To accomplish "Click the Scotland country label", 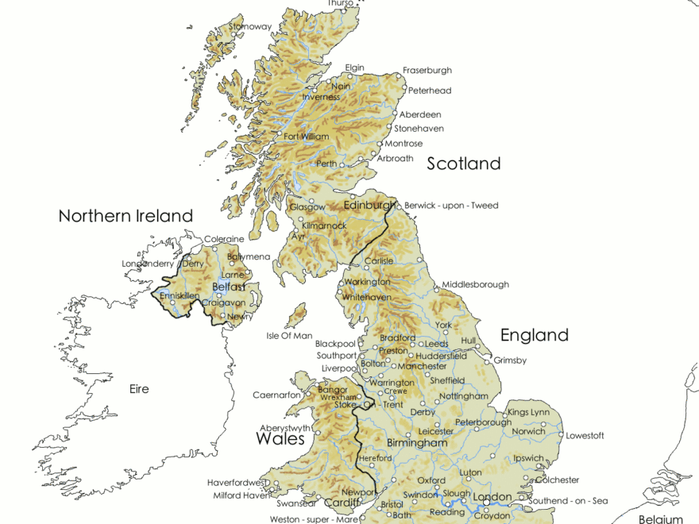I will pos(464,164).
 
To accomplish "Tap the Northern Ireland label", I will pos(126,216).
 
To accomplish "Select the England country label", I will pos(534,335).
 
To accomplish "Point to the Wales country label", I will pos(280,439).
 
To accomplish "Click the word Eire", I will pos(139,389).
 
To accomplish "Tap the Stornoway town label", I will pos(250,27).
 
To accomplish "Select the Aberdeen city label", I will pos(420,115).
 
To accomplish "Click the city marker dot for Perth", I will pos(342,165).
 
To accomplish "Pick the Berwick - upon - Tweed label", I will pos(451,206).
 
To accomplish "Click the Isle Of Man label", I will pos(289,336).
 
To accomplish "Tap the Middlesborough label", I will pos(475,284).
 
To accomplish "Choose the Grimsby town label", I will pos(510,360).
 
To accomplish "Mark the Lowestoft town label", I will pos(585,436).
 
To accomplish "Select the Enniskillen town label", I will pos(179,295).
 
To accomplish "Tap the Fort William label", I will pos(306,137).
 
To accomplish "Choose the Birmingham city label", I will pos(416,442).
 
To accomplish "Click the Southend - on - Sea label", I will pos(567,501).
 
